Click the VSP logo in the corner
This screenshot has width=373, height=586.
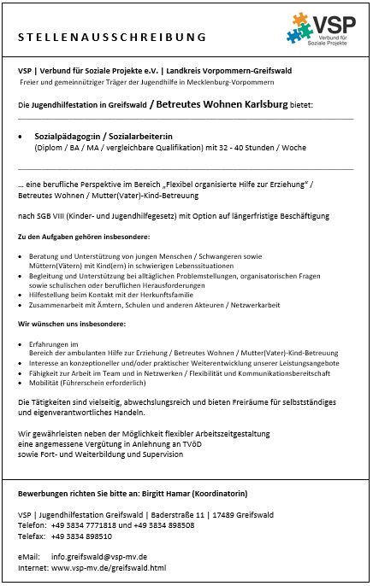coord(324,31)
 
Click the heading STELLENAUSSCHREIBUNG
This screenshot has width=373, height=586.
coord(112,38)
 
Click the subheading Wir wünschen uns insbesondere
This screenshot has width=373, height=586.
coord(72,325)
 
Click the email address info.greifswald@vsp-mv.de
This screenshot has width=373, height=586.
coord(99,557)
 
